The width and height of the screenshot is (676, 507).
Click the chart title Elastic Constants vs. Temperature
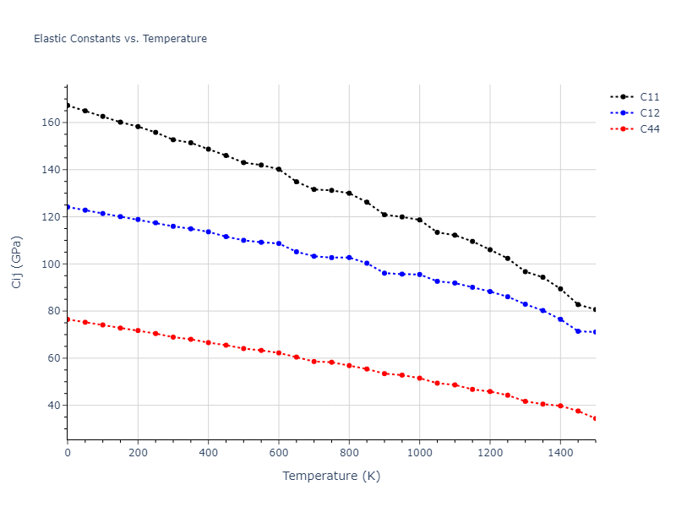coord(120,39)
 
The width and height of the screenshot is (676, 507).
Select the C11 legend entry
coord(649,97)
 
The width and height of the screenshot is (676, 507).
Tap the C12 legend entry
coord(649,113)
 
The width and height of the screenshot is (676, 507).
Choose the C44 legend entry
coord(649,129)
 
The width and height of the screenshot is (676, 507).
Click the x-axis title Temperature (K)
coord(331,476)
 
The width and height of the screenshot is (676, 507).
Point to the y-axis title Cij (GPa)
coord(17,262)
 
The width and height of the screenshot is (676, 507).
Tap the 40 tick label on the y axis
coord(52,406)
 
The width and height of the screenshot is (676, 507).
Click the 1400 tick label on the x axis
coord(560,453)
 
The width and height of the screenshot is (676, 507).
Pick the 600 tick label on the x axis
coord(279,453)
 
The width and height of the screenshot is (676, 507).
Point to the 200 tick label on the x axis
coord(138,453)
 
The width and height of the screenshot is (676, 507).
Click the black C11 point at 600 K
coord(279,169)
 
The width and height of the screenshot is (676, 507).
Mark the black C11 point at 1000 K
coord(419,220)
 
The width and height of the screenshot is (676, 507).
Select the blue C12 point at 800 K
coord(349,258)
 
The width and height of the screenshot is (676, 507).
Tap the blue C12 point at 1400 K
coord(560,319)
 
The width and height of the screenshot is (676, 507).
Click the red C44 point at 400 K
coord(208,342)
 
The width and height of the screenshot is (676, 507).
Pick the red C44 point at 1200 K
coord(490,391)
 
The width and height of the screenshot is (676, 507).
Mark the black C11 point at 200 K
coord(138,127)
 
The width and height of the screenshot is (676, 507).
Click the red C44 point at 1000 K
coord(419,378)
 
